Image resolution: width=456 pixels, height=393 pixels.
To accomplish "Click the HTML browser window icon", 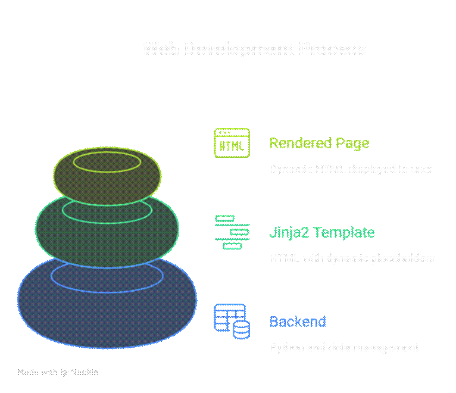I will point(232,143).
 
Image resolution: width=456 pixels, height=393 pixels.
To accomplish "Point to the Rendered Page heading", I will point(319,144).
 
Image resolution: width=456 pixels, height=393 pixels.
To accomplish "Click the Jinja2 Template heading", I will point(321,232).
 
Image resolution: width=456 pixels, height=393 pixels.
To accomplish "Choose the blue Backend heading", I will point(298,322).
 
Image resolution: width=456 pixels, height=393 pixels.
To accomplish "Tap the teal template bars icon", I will point(232,232).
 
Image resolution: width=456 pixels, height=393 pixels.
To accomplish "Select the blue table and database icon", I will point(232,322).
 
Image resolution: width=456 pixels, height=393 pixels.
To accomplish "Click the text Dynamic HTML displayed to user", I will point(351,169).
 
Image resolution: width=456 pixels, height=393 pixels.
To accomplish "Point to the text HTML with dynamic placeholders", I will point(352,258).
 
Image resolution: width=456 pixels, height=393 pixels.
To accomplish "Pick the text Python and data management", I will point(344,348).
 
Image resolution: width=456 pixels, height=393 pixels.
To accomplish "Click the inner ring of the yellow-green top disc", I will point(107,161).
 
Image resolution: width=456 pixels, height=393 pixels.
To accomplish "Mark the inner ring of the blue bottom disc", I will point(107,274).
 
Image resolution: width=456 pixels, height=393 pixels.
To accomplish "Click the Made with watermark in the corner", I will point(58,373).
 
